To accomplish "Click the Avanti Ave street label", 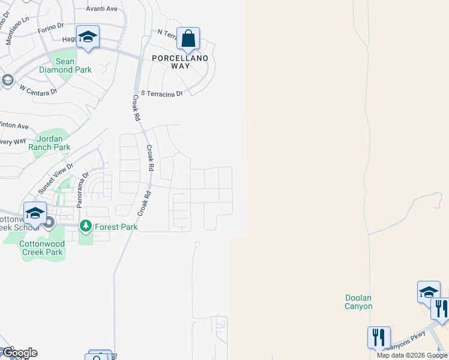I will tap(101, 9).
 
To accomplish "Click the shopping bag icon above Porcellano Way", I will tap(188, 39).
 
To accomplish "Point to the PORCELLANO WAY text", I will tap(179, 62).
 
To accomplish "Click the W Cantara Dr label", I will tap(38, 90).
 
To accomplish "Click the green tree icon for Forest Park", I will tap(86, 226).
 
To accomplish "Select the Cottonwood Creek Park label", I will tap(41, 248).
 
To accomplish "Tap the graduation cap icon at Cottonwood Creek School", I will tap(35, 213).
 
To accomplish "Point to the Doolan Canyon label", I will tap(359, 302).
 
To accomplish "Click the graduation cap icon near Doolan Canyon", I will tap(429, 292).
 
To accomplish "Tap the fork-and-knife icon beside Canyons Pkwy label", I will tap(379, 337).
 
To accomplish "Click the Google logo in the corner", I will tap(20, 353).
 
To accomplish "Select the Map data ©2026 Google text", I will tap(412, 355).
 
